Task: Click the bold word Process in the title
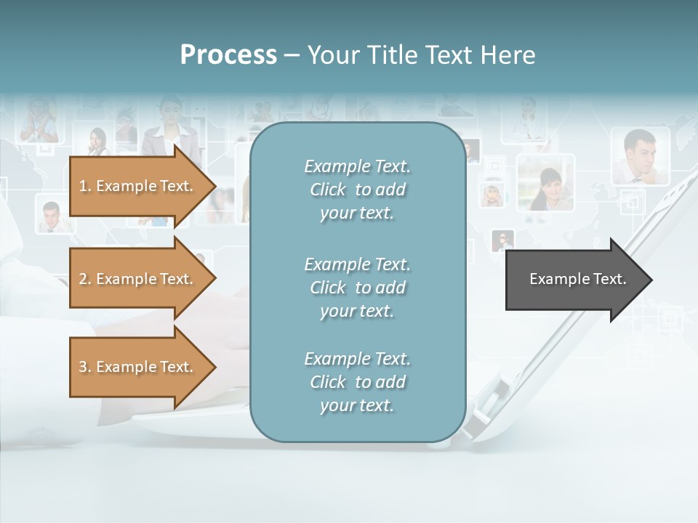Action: (x=228, y=55)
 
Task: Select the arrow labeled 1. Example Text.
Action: (x=138, y=186)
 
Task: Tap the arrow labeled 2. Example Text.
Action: (x=138, y=279)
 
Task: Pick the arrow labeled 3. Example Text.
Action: (x=138, y=367)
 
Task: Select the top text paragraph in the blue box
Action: (x=357, y=190)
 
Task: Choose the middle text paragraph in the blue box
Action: (x=357, y=288)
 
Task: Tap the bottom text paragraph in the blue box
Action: (x=357, y=382)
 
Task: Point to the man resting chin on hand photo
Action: (x=639, y=157)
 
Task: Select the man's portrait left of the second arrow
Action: (x=50, y=216)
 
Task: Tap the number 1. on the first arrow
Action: (x=85, y=186)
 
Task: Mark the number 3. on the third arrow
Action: (x=85, y=367)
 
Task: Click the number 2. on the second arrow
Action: (x=85, y=279)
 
